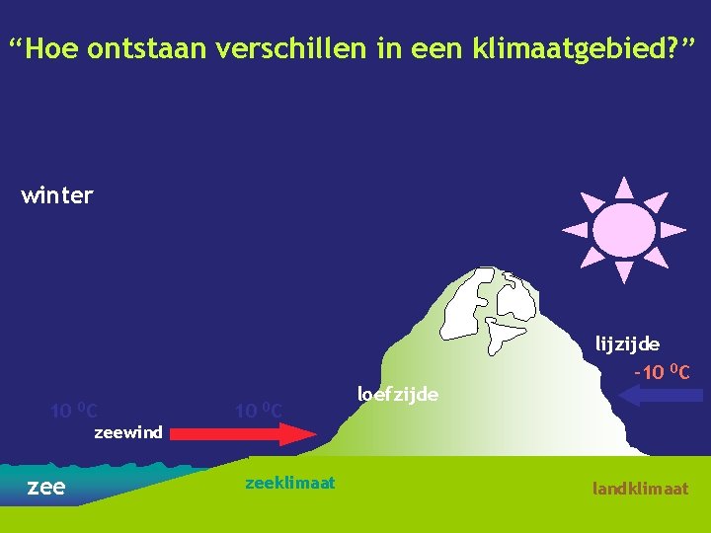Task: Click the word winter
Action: (57, 195)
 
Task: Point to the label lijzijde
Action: (627, 343)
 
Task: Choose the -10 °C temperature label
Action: (661, 372)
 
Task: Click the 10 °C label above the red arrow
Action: (259, 410)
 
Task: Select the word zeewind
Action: (127, 432)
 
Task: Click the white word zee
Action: (45, 486)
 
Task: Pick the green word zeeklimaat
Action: (289, 483)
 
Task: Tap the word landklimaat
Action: (640, 489)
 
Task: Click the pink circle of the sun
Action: (624, 230)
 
